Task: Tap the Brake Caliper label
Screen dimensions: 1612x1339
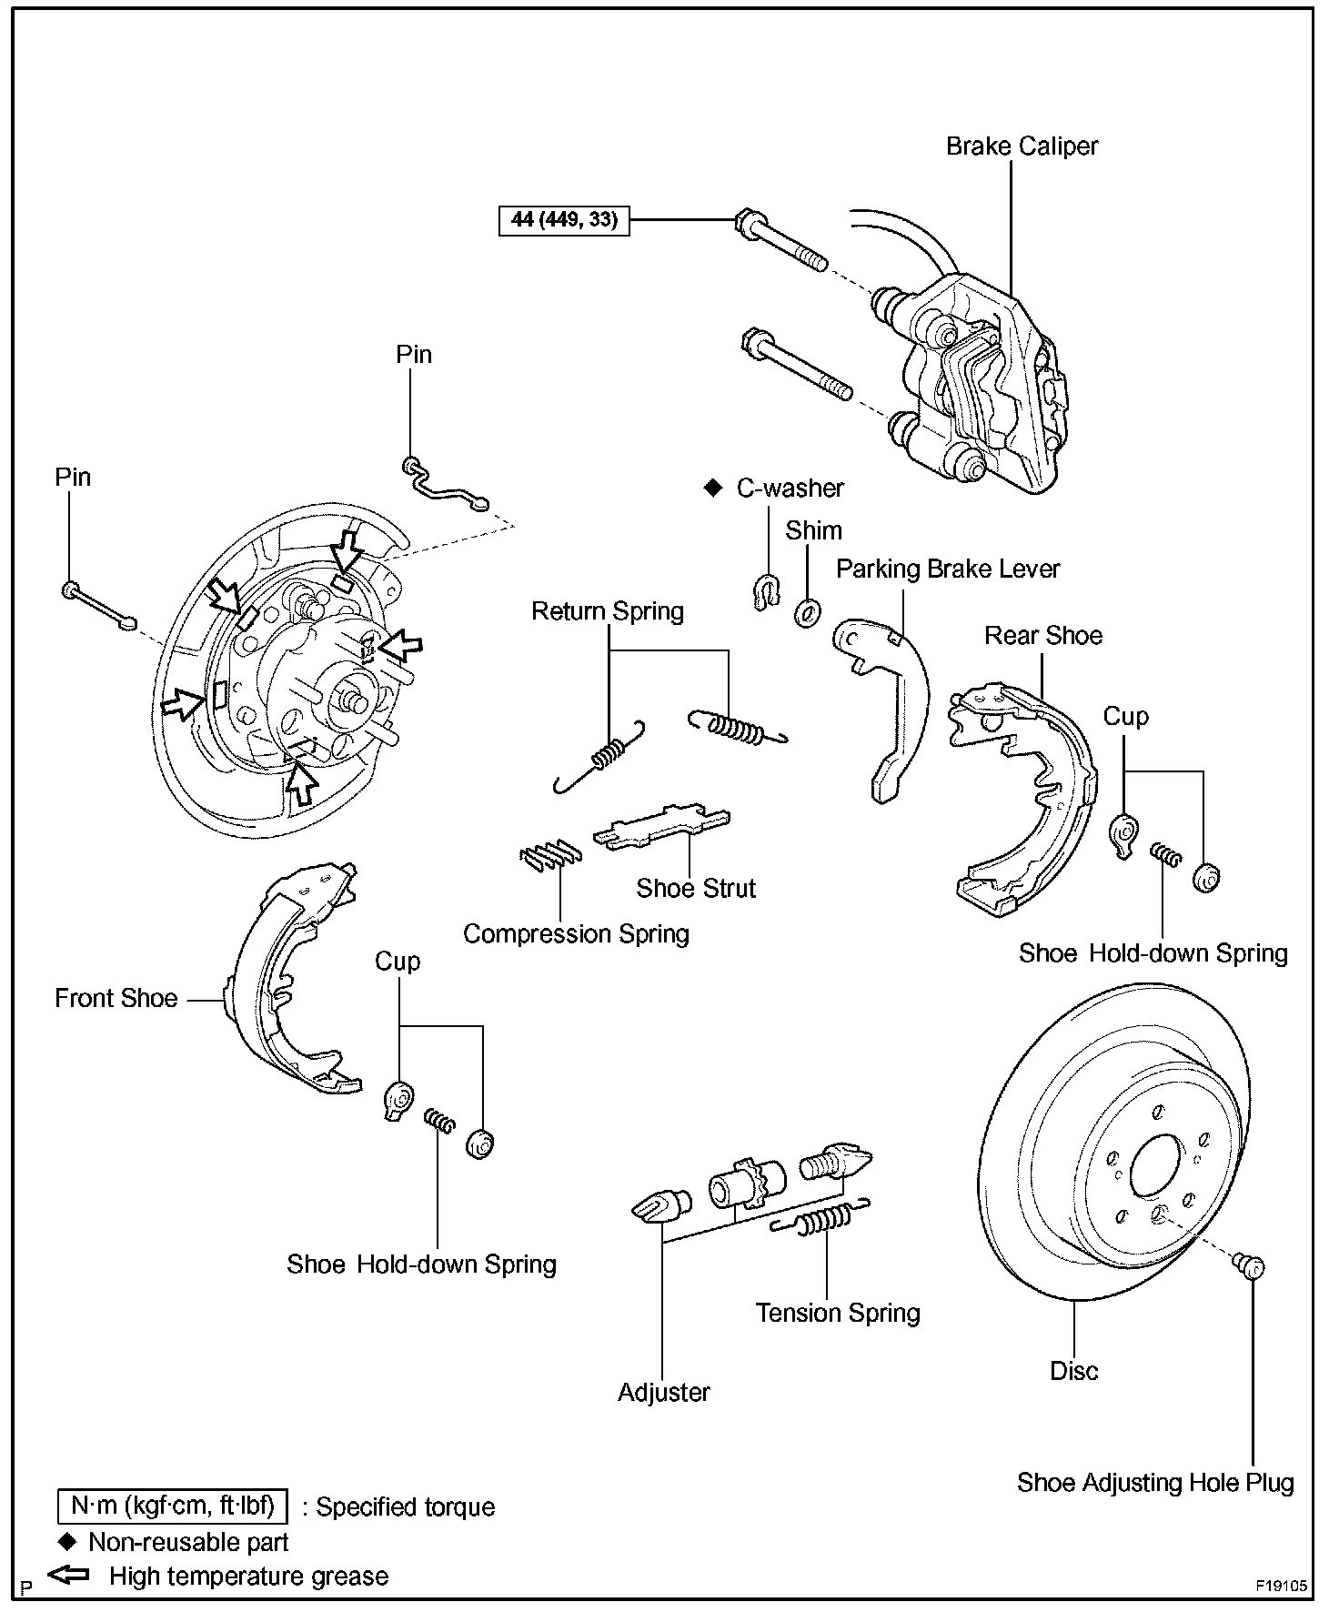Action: (x=1022, y=146)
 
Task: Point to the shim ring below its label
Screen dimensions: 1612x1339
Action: (x=806, y=612)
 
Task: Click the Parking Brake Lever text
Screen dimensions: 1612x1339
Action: (x=948, y=569)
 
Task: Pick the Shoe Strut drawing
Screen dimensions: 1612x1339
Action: (x=662, y=827)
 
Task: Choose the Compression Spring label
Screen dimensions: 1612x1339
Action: (x=576, y=934)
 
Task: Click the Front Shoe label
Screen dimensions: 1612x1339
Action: (x=116, y=999)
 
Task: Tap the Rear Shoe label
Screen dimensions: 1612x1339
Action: (x=1042, y=636)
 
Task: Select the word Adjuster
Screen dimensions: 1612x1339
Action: (x=663, y=1393)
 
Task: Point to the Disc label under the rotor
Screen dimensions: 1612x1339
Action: (x=1073, y=1371)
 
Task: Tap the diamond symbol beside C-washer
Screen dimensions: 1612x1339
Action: (x=712, y=489)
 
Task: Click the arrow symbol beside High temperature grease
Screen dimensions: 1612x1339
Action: (x=68, y=1576)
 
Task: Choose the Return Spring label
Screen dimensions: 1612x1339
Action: (x=607, y=611)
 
